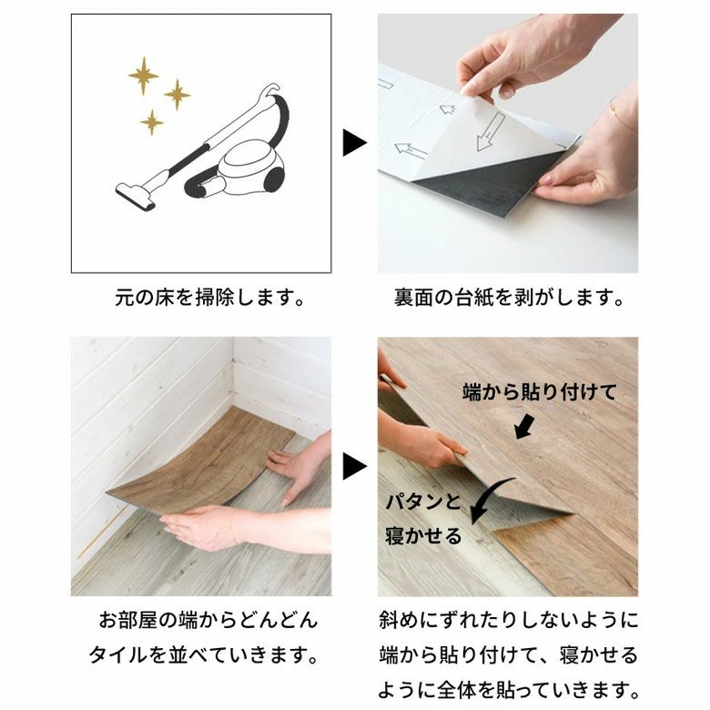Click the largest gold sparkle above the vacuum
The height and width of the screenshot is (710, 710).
click(x=143, y=75)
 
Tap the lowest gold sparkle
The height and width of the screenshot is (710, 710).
click(x=152, y=122)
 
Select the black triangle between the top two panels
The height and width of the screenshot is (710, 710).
click(x=353, y=142)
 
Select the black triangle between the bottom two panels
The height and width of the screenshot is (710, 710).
click(x=353, y=467)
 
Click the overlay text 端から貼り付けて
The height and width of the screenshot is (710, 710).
click(x=539, y=392)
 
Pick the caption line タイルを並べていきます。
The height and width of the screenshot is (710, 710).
click(x=203, y=655)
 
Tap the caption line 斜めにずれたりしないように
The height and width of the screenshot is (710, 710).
click(x=508, y=621)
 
